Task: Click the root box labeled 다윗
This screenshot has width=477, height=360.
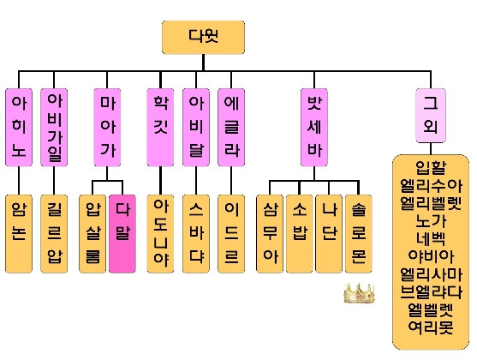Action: coord(203,37)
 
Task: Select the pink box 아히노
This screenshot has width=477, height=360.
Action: coord(19,128)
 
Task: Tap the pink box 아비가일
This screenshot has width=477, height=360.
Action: coord(54,128)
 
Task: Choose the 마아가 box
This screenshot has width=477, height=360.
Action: coord(107,128)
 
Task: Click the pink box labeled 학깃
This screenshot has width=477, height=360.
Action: coord(160,128)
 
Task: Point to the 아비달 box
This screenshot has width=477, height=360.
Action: coord(196,128)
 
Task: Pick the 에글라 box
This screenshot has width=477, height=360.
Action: coord(231,128)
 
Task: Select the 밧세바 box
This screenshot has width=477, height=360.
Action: coord(314,128)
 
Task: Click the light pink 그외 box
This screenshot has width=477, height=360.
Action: coord(431,116)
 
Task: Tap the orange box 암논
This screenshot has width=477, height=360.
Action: coord(19,234)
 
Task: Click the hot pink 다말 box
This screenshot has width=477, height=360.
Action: coord(122,234)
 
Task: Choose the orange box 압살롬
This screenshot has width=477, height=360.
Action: coord(92,234)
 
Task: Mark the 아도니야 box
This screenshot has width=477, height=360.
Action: coord(160,234)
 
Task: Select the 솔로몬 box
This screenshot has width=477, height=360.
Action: coord(359,234)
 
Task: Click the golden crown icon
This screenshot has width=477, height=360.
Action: coord(359,293)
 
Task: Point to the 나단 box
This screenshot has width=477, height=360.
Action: coord(329,234)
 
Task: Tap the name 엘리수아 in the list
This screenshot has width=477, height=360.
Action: coord(431,186)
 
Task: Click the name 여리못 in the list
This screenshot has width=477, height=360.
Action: coord(431,327)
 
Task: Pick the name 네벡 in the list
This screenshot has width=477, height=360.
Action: coord(431,239)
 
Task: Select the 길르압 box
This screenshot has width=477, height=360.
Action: coord(54,234)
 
